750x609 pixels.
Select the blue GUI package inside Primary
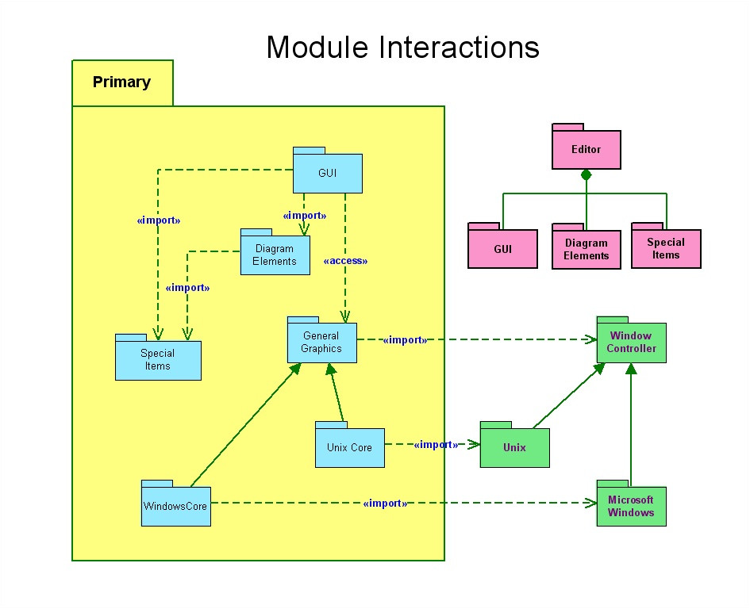[328, 170]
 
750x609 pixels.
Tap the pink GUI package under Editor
[502, 246]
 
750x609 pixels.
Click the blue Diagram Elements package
[275, 252]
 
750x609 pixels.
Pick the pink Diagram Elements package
[587, 246]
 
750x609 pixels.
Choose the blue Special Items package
[158, 357]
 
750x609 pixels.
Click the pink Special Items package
[667, 246]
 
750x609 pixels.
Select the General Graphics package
[322, 340]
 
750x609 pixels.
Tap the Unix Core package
[350, 445]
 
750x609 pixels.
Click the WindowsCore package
[176, 504]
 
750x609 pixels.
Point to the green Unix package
[514, 445]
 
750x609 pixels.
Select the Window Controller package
[632, 340]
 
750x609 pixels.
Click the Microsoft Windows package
[632, 504]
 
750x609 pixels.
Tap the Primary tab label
[121, 82]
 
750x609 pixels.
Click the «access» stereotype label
[345, 261]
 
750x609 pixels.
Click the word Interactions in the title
[460, 47]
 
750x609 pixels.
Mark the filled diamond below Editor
[587, 175]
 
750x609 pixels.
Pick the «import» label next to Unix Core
[436, 445]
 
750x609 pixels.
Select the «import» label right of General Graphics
[405, 340]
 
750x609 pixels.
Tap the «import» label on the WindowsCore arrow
[385, 504]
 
